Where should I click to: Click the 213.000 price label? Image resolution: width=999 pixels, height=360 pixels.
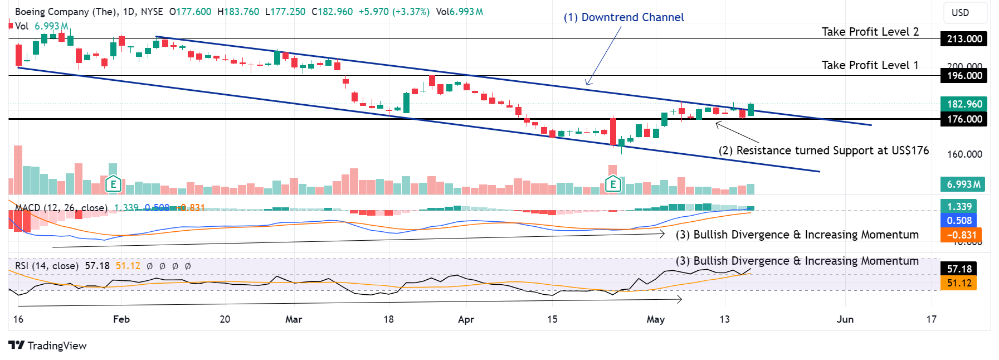coord(964,39)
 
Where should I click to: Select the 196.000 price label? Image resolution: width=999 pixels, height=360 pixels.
coord(964,76)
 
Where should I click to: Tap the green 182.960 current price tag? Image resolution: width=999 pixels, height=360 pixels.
coord(964,104)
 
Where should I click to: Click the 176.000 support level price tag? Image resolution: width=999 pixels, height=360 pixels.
coord(964,119)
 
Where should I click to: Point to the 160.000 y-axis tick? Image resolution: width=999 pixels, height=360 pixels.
coord(964,154)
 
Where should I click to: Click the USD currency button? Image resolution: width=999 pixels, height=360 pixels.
coord(960,13)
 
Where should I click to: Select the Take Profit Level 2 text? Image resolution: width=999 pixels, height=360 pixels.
coord(870,32)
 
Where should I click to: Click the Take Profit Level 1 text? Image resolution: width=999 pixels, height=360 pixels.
coord(870,65)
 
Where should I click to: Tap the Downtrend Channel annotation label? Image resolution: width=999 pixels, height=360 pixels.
coord(623,17)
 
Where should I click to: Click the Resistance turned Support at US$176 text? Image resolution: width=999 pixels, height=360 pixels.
coord(823,150)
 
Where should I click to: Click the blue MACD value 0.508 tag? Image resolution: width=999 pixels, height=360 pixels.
coord(959,221)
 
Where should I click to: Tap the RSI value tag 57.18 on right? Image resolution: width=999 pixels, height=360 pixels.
coord(959,269)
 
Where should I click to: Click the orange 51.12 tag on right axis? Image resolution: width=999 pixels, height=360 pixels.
coord(959,283)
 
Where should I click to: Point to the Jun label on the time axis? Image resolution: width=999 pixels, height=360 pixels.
coord(845,319)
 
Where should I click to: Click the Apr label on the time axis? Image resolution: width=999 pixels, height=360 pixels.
coord(466,319)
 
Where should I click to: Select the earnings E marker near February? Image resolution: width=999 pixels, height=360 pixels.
coord(113,183)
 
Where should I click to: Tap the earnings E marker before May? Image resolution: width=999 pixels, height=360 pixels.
coord(613,183)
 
